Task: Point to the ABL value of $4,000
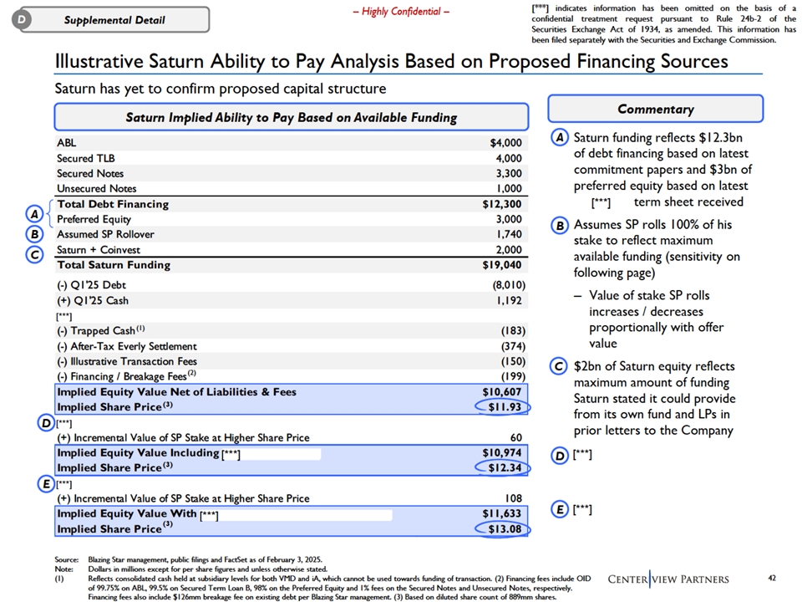506,143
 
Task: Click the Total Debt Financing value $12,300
502,204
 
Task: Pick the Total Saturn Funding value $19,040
502,265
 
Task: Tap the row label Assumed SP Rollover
105,234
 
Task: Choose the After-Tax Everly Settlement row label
127,346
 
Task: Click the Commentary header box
655,109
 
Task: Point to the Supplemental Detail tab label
115,19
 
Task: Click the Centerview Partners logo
667,579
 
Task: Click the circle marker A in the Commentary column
561,137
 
